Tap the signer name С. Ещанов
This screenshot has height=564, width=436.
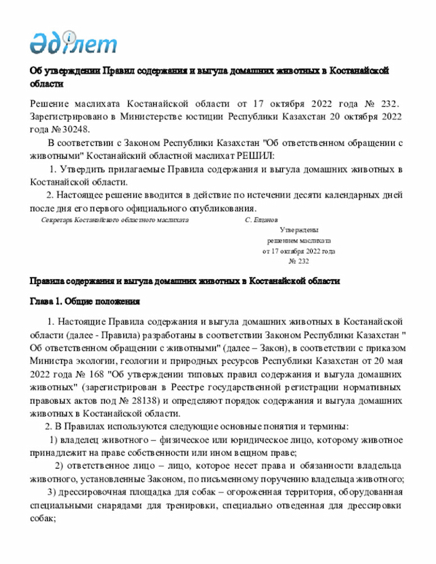pos(262,221)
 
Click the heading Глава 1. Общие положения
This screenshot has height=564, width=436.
pos(85,301)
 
